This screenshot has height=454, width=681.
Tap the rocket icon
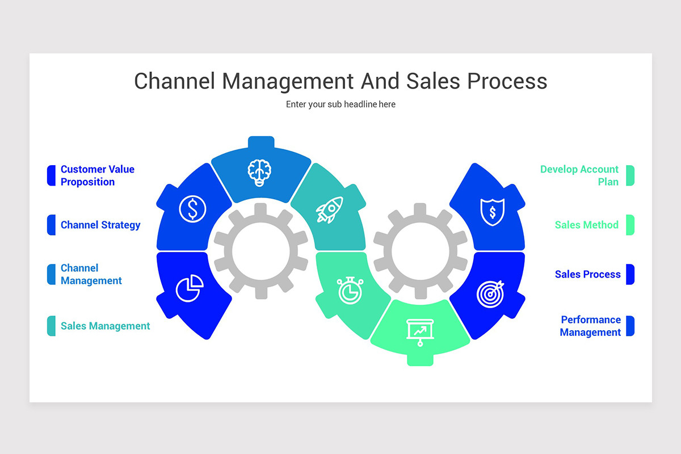click(330, 210)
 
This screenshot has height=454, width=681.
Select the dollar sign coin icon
click(193, 209)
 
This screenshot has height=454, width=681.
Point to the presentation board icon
click(420, 331)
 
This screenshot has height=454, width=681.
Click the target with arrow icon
click(490, 293)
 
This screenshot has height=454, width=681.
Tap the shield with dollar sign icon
click(493, 212)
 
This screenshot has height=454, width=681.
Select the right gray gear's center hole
click(420, 250)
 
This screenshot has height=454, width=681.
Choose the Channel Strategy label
click(100, 225)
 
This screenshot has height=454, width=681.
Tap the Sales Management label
click(106, 326)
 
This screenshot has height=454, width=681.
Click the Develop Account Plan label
click(579, 175)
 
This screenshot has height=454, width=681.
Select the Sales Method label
click(587, 225)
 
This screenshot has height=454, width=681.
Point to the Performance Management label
click(590, 326)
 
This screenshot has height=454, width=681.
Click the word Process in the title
click(507, 81)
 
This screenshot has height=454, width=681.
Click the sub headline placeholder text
click(340, 104)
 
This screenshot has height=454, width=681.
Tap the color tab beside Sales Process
click(630, 274)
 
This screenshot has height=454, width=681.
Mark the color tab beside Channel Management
click(51, 274)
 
